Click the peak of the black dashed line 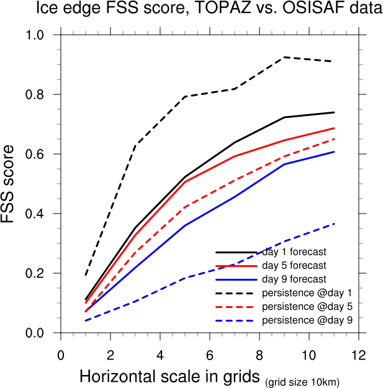click(284, 57)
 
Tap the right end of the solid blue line click(334, 151)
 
